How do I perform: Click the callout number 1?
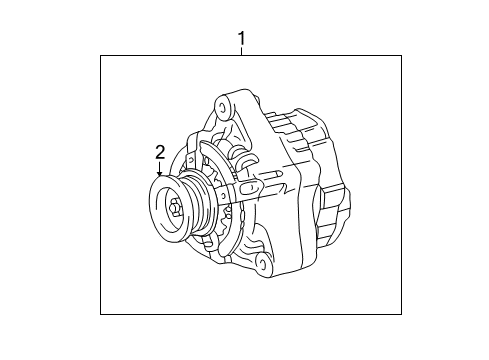tap(241, 39)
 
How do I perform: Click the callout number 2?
tap(158, 152)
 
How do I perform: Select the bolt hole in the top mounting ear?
tap(223, 103)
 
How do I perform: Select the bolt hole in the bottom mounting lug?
tap(262, 262)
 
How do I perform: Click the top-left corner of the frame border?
tap(101, 56)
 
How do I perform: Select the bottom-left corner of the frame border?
tap(101, 314)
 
